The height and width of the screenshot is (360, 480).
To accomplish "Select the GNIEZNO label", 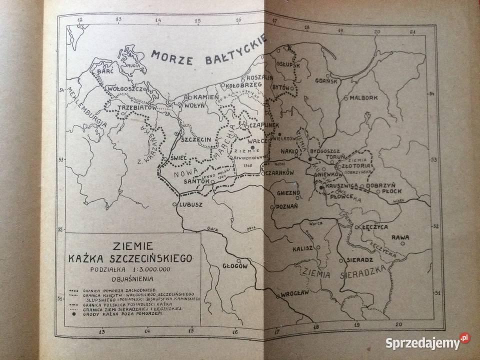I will (288, 192).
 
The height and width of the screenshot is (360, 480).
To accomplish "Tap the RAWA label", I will (400, 237).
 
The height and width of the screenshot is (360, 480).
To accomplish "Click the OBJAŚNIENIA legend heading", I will (133, 278).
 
